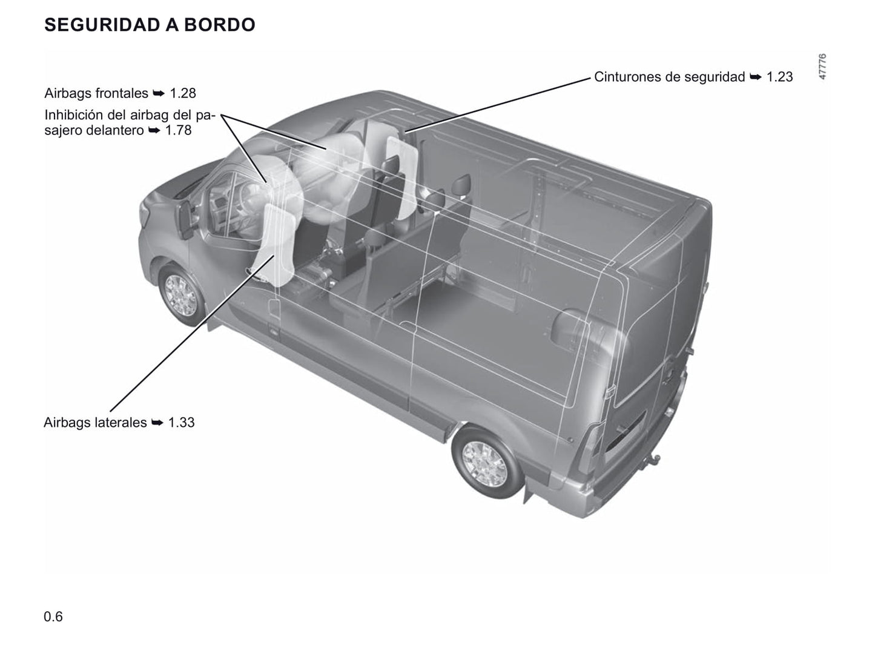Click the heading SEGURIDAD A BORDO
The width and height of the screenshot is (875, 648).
click(150, 25)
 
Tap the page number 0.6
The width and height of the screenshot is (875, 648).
click(53, 617)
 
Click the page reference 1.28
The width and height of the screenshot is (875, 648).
click(183, 93)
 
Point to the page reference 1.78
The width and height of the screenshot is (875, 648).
click(178, 130)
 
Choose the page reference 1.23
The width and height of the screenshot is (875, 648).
click(779, 76)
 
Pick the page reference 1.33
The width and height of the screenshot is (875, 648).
click(182, 422)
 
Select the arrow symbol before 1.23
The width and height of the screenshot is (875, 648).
click(756, 77)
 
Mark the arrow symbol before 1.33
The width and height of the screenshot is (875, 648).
click(157, 423)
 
